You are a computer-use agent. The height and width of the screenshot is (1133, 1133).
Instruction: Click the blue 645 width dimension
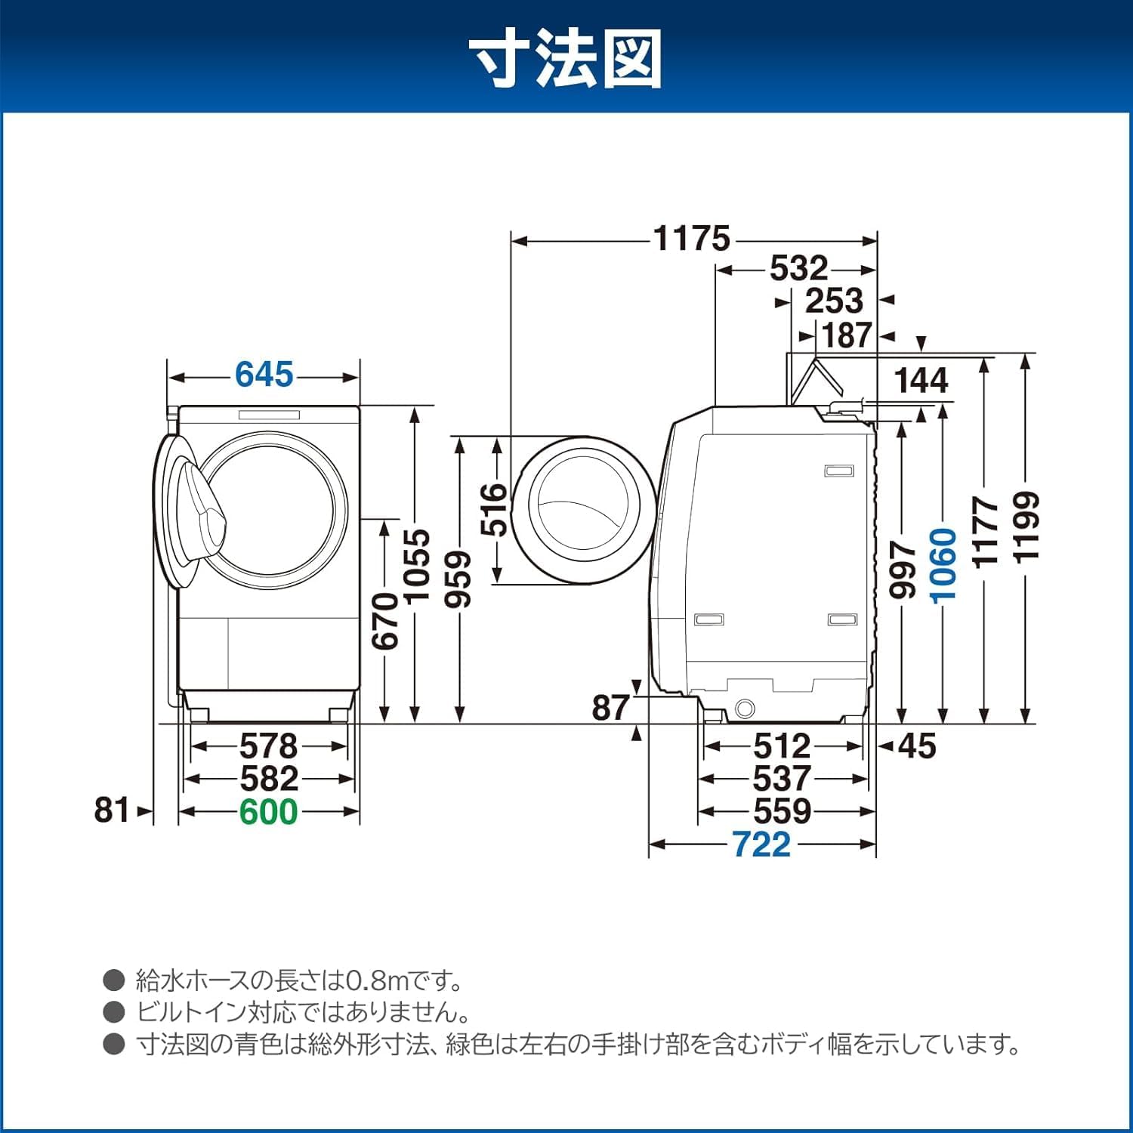coord(264,375)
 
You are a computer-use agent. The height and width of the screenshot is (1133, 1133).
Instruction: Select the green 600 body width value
coord(268,811)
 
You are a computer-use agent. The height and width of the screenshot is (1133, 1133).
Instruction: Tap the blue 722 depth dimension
coord(761,844)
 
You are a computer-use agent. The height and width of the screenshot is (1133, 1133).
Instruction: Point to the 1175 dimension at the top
coord(692,239)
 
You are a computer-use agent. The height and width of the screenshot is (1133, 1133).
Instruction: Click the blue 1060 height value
coord(944,565)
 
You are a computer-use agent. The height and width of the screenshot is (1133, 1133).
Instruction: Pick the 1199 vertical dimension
coord(1026,526)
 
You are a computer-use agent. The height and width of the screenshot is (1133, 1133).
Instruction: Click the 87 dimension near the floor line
coord(610,708)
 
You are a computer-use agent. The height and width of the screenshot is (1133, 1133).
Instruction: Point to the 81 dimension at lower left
coord(111,810)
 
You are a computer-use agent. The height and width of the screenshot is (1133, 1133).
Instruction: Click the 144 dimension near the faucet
coord(921,380)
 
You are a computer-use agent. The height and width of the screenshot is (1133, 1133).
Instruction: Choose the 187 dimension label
coord(847,335)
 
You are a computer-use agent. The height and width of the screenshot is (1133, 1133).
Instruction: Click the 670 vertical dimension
coord(385,620)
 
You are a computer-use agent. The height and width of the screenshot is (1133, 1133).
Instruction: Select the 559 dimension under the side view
coord(782,811)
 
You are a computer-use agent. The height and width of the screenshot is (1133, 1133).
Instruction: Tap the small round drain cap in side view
coord(745,709)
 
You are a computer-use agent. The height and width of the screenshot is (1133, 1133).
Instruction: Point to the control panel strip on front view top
coord(270,414)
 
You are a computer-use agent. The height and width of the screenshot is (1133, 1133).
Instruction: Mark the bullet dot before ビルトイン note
coord(114,1012)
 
